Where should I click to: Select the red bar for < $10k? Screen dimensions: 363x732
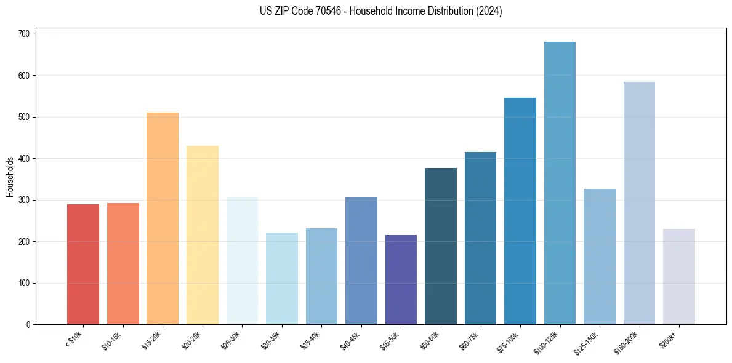click(83, 265)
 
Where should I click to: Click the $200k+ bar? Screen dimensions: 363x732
click(678, 277)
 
